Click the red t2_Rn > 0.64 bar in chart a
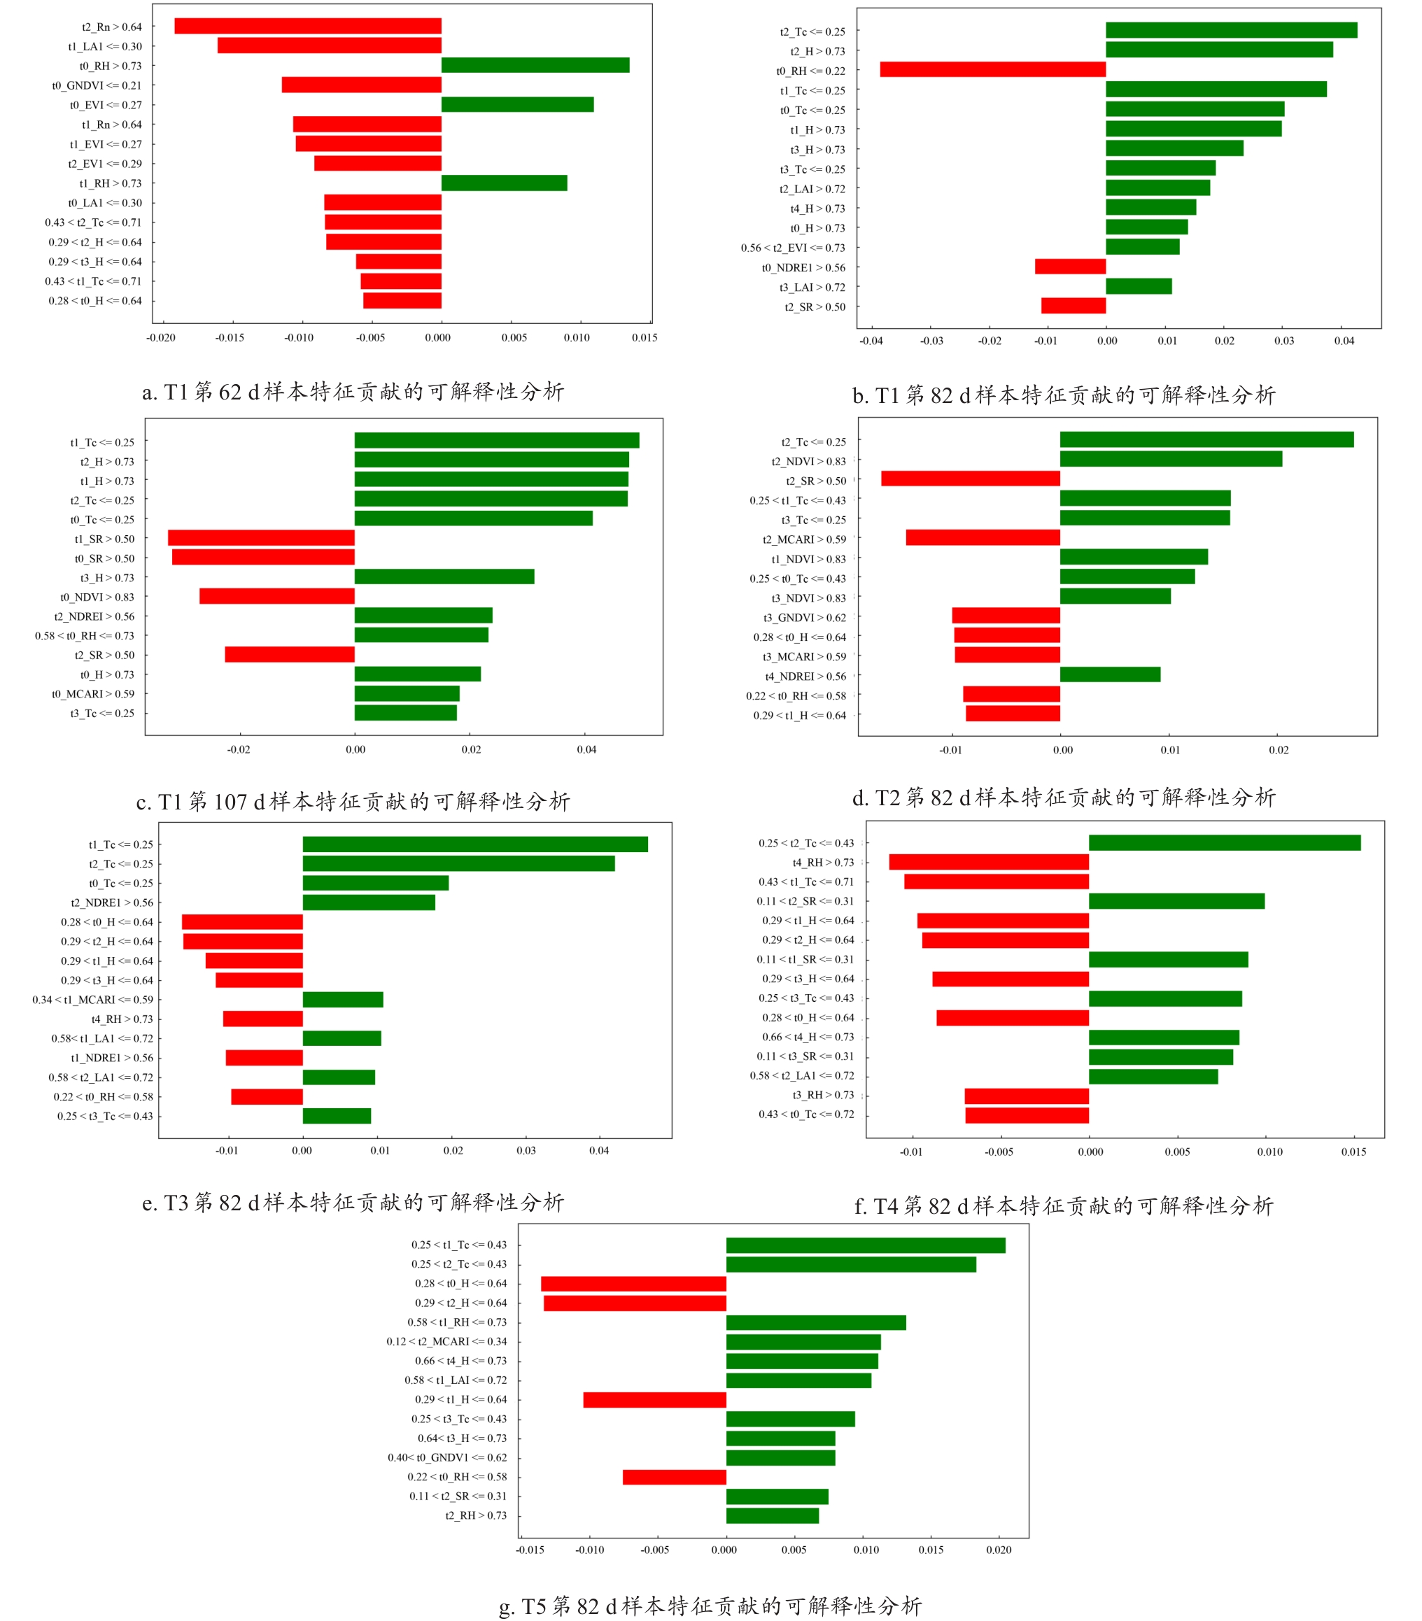(x=308, y=26)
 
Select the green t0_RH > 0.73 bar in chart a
(x=535, y=65)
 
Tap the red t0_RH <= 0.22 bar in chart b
(x=992, y=70)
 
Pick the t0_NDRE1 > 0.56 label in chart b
(x=803, y=268)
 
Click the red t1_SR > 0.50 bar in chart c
(x=261, y=538)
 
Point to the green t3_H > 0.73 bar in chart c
(x=444, y=576)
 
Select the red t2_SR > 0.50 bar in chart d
(x=970, y=479)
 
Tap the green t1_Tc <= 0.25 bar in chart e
(x=475, y=844)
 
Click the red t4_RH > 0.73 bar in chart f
(x=988, y=862)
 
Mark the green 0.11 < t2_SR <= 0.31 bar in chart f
(x=1176, y=901)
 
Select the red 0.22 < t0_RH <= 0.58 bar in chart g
(x=674, y=1478)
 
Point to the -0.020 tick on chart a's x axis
(x=161, y=338)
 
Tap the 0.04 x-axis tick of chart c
(x=586, y=749)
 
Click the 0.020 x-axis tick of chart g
(x=999, y=1550)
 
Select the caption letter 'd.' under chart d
(x=861, y=798)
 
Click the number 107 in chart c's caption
(x=230, y=802)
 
